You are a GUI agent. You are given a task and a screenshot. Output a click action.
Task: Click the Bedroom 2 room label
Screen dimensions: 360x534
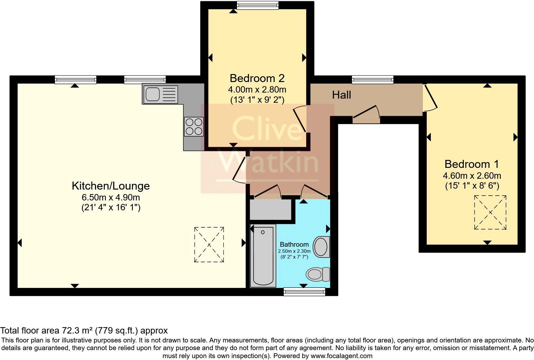coord(257,78)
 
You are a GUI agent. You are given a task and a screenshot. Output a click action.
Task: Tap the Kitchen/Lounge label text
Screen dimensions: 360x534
coord(111,186)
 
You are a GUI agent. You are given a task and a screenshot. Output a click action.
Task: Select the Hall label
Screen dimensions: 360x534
coord(341,95)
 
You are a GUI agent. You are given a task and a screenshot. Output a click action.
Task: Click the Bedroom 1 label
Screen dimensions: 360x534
coord(471,164)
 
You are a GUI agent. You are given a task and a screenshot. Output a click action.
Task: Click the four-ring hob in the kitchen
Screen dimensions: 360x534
coord(194,127)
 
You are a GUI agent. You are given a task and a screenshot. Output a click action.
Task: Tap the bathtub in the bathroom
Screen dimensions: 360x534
coord(263,255)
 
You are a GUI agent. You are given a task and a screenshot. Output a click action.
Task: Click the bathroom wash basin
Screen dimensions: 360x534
coord(321,247)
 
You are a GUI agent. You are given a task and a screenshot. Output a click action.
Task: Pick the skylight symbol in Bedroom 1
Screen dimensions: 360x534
coord(490,213)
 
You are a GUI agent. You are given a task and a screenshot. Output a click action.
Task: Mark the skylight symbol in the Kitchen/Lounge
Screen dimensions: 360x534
coord(209,245)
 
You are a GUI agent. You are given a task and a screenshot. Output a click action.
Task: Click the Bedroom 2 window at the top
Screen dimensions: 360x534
coord(258,5)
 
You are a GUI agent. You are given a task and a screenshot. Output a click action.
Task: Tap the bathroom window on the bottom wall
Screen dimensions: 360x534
coord(304,291)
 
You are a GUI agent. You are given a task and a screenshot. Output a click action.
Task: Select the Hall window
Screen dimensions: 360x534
coord(372,79)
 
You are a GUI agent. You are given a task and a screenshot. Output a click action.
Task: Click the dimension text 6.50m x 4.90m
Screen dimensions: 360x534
coord(111,197)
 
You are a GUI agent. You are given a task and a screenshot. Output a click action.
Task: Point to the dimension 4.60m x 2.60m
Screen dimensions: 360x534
coord(471,176)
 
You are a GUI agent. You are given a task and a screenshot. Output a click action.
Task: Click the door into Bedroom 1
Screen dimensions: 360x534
coord(430,98)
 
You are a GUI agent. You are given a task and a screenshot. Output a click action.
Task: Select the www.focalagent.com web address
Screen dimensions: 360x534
coord(341,356)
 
